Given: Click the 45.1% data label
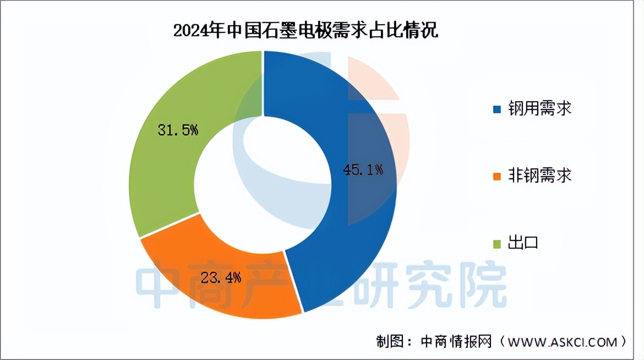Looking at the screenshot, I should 363,170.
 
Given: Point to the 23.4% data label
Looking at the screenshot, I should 221,277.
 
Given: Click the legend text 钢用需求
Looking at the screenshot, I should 540,108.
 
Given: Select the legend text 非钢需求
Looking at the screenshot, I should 540,176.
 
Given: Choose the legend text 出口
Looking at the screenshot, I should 523,243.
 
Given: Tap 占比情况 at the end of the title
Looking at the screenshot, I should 408,30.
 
